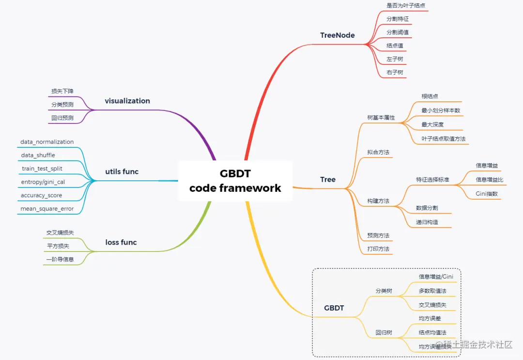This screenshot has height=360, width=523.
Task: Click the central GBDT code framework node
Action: (x=235, y=181)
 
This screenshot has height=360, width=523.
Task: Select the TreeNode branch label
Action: (x=337, y=35)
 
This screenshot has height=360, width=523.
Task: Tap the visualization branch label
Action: (x=127, y=101)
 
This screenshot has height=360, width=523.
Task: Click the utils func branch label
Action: (x=122, y=172)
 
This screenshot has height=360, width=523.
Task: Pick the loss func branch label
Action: (x=121, y=242)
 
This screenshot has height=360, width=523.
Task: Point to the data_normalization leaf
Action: (x=47, y=142)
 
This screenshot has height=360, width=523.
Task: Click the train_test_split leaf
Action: (x=42, y=169)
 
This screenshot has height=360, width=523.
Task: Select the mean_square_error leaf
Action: (x=47, y=209)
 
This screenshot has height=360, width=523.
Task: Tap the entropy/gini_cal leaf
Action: (x=43, y=182)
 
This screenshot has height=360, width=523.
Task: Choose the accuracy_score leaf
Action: (x=41, y=195)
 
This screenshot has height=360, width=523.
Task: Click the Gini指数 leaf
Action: (x=487, y=194)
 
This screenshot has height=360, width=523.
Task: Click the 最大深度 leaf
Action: (x=432, y=125)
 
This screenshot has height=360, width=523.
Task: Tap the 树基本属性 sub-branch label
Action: (x=381, y=118)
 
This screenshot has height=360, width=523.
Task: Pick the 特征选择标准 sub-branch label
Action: (x=432, y=180)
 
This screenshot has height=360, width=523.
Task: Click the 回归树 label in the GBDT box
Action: (x=384, y=333)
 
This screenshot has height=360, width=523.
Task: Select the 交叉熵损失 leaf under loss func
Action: (x=60, y=233)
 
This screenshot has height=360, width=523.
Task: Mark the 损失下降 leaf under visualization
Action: (x=62, y=91)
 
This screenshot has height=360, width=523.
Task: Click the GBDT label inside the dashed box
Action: (x=334, y=308)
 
